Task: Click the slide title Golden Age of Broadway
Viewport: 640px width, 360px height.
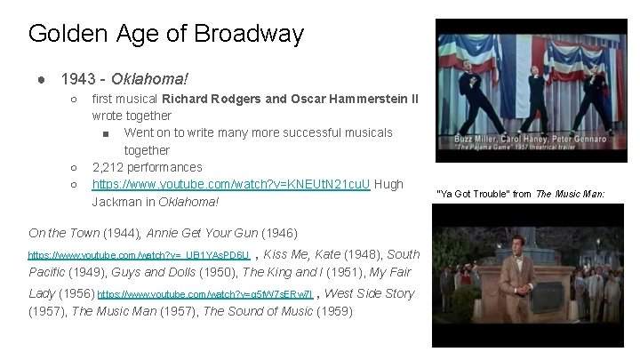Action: [x=165, y=35]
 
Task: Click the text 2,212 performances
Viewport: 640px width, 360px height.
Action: [x=148, y=167]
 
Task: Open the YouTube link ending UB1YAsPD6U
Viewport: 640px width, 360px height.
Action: [x=139, y=254]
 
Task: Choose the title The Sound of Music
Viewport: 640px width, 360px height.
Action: [x=268, y=311]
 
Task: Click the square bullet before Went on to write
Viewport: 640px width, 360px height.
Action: [x=106, y=133]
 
